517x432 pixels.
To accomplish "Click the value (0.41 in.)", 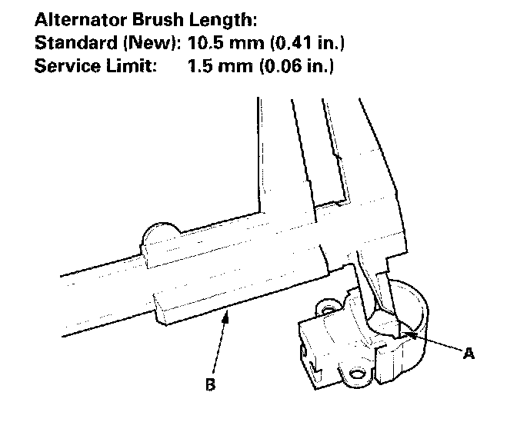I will click(x=300, y=41).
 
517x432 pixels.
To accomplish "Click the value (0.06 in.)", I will click(x=295, y=65).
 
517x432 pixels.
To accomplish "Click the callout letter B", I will click(x=210, y=384).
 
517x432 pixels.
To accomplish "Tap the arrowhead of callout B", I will click(x=226, y=314).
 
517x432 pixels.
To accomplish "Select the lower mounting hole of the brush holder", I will click(x=356, y=375).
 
